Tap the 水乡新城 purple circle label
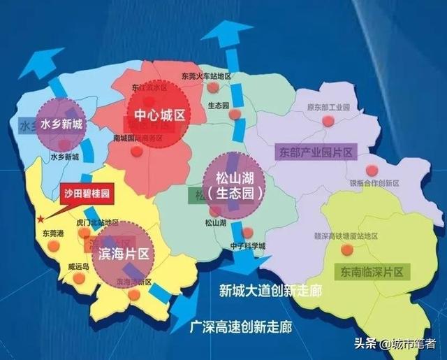[61, 125]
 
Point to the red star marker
[42, 219]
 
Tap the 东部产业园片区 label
[318, 152]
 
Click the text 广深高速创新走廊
[240, 326]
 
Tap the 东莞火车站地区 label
[206, 76]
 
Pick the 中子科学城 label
[249, 246]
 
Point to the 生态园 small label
[219, 105]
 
